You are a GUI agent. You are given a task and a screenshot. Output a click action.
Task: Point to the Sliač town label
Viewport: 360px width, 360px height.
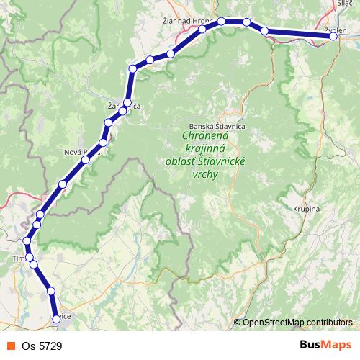(344, 4)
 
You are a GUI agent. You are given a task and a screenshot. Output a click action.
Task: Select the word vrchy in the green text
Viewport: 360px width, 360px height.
(205, 174)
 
